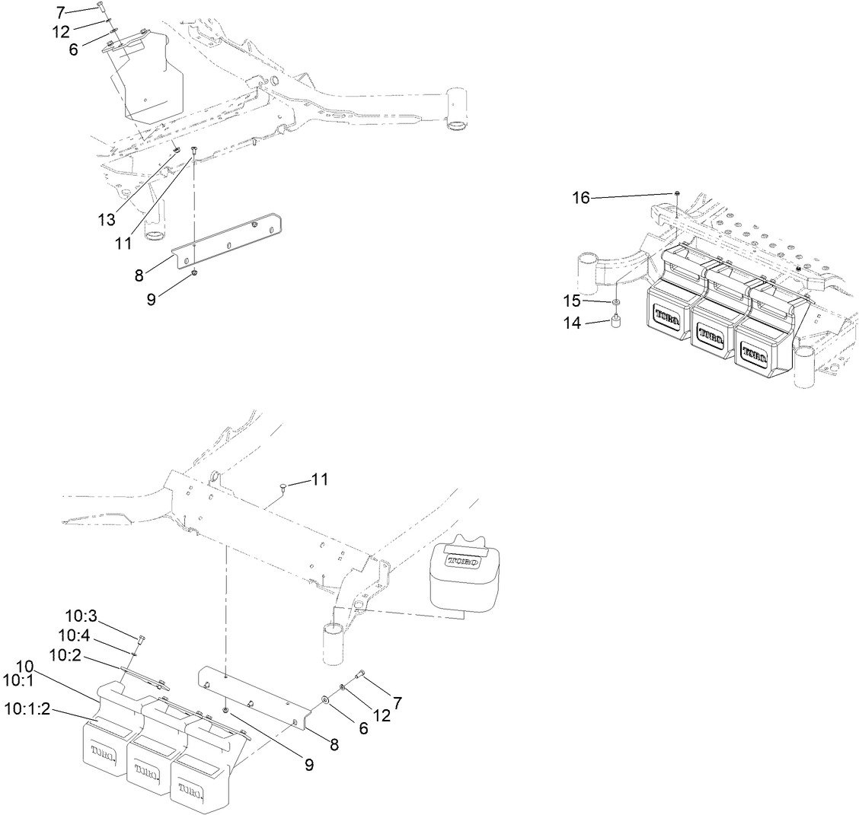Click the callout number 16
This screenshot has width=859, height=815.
[581, 198]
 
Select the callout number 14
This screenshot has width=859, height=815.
[573, 323]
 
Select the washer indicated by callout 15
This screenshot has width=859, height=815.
[615, 303]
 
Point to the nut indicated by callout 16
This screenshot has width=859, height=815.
[676, 194]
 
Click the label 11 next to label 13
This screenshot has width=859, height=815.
[123, 244]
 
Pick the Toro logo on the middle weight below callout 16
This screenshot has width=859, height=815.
[710, 335]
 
